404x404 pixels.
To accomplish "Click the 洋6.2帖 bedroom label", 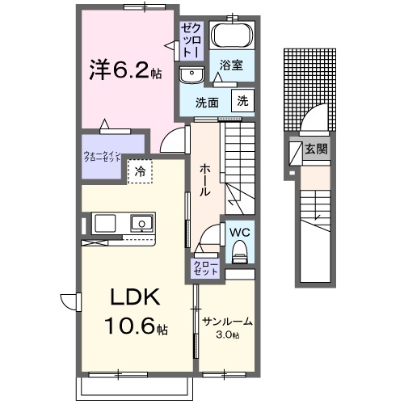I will [x=125, y=70].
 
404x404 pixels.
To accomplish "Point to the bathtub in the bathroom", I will [x=232, y=37].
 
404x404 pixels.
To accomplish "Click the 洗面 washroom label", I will [x=208, y=103].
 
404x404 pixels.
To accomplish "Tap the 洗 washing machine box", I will [x=242, y=101].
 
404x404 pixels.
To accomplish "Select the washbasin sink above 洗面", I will [x=193, y=75].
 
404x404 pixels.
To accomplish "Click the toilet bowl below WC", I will [x=238, y=254].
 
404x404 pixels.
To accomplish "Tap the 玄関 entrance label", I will [x=315, y=149].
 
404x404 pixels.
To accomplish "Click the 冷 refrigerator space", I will [x=140, y=171].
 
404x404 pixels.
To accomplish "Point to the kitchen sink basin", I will [x=142, y=221].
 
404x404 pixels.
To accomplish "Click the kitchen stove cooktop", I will [x=105, y=221].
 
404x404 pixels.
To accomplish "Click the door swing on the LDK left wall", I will [x=70, y=301].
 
